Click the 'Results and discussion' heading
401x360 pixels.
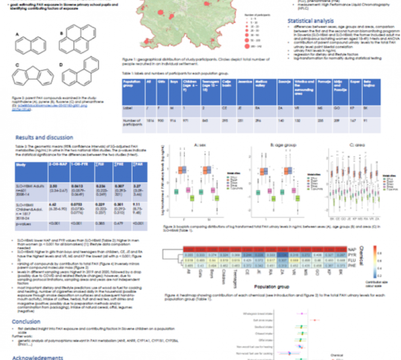pyautogui.click(x=44, y=137)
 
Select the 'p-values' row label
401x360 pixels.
pyautogui.click(x=26, y=224)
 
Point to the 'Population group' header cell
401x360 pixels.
pyautogui.click(x=133, y=84)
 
